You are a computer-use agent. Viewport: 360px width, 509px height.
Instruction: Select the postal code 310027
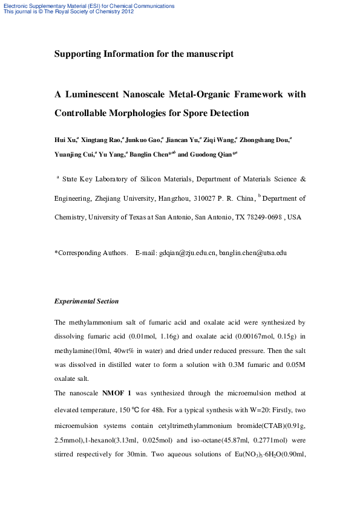201,198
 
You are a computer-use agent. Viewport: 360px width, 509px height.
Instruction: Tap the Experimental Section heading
87,301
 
